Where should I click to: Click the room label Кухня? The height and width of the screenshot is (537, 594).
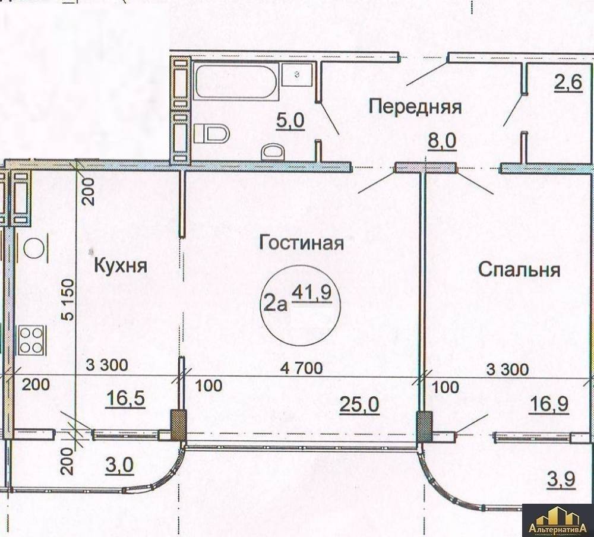pos(121,266)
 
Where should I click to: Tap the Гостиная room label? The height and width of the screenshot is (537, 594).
pos(302,242)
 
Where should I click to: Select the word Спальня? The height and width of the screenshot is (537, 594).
pos(519,270)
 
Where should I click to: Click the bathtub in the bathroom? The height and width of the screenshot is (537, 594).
pos(236,81)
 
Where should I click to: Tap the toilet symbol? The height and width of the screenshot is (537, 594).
pos(211,134)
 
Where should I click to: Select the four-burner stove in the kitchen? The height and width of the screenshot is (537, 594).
pos(31,341)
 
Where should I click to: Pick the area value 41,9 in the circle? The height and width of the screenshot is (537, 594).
pos(312,293)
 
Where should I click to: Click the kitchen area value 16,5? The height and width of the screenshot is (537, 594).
pos(125,399)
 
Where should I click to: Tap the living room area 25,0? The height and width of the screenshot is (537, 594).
pos(359,405)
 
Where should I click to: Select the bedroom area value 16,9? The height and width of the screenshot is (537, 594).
pos(548,404)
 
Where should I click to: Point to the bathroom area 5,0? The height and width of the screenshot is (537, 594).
pos(290,121)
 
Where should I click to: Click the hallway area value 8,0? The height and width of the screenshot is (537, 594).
pos(442,142)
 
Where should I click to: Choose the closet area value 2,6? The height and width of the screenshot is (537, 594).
pos(568,82)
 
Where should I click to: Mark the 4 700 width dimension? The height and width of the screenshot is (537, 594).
pos(302,368)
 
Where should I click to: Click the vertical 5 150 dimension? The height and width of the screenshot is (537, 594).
pos(68,300)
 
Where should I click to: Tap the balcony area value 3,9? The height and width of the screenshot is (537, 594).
pos(561,479)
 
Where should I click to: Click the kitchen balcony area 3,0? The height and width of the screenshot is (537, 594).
pos(119,465)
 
